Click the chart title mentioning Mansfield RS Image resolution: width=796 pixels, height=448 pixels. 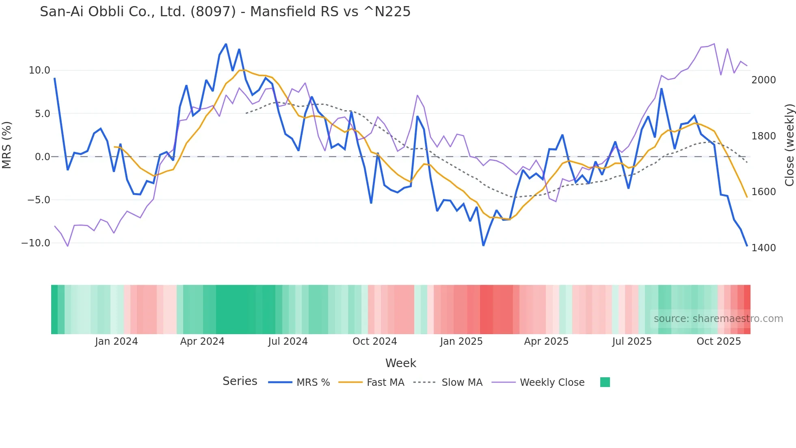(225, 12)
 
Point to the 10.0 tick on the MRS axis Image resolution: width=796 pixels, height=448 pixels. (39, 70)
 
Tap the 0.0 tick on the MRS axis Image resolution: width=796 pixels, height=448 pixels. (42, 157)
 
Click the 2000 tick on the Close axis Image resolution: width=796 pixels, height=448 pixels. (764, 80)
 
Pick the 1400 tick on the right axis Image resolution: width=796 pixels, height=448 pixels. (764, 248)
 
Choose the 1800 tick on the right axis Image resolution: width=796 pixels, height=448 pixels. (764, 136)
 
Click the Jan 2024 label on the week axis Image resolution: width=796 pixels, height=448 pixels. (117, 341)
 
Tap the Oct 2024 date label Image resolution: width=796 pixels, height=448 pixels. (374, 341)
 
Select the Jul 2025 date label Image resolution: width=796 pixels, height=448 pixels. (632, 341)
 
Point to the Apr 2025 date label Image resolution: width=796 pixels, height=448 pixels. (546, 341)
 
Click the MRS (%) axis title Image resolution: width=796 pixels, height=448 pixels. (7, 145)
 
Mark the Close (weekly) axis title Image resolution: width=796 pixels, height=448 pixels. (789, 145)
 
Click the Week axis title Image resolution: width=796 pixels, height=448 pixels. (400, 363)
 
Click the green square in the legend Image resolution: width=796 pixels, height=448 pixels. (605, 383)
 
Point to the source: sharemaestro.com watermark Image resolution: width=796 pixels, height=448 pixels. (718, 319)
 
